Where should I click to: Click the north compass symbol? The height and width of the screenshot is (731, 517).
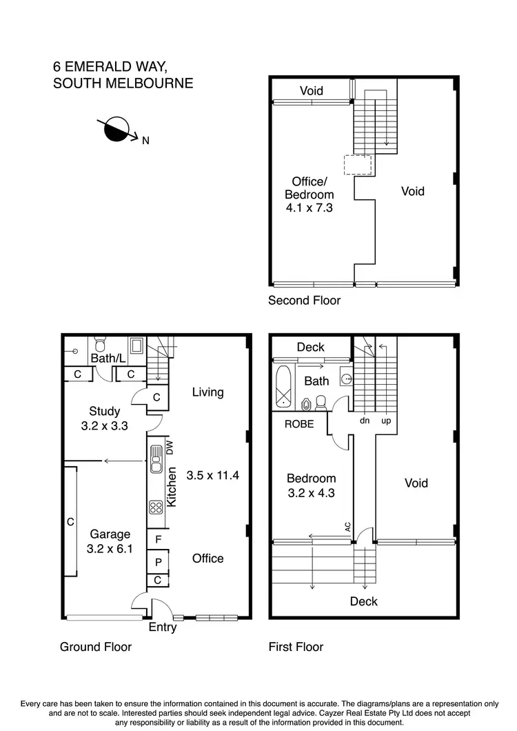117,129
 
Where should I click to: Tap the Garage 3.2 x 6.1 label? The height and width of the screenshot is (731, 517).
110,541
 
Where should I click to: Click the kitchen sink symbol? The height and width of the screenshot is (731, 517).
156,458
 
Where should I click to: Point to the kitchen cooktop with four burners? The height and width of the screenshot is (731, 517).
156,507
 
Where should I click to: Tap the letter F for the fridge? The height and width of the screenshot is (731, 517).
158,539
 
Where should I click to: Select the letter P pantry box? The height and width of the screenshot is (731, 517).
158,563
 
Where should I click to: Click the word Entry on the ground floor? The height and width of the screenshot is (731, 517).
163,628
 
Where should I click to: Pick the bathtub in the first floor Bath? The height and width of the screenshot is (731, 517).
283,387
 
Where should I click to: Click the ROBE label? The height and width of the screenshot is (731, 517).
299,424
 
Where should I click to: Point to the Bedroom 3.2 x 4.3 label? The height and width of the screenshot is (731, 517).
312,485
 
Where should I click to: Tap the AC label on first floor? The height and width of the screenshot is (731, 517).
348,527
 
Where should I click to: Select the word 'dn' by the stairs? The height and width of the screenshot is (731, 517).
364,420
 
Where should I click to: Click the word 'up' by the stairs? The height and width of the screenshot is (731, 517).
386,420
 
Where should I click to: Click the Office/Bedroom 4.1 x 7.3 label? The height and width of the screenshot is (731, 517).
310,194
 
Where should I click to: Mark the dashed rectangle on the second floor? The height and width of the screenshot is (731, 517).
357,164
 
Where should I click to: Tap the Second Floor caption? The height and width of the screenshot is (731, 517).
304,300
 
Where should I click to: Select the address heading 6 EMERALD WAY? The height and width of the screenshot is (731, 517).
110,67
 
